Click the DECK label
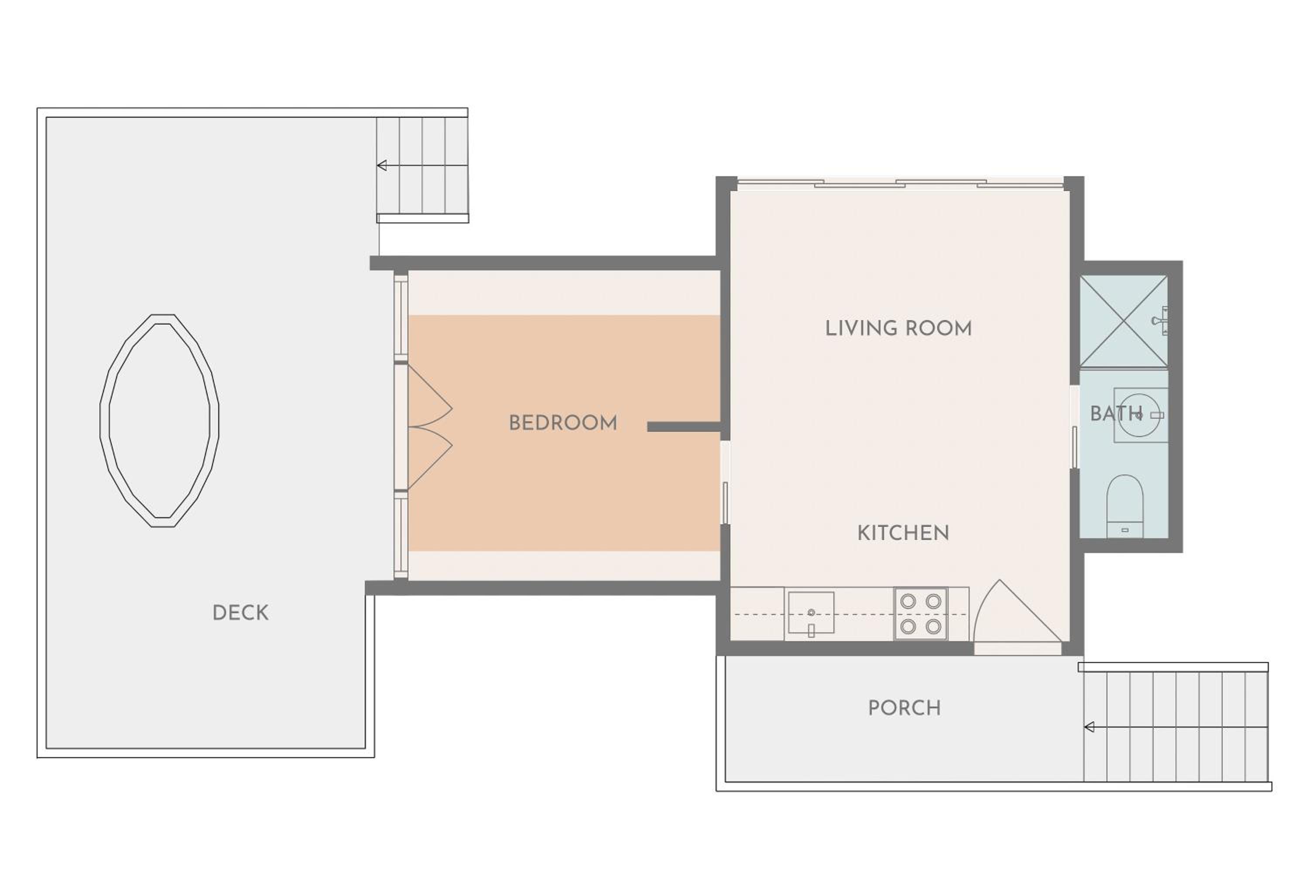coord(240,613)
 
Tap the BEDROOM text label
coord(563,423)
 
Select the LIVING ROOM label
coord(898,328)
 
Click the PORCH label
coord(904,708)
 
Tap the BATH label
coord(1116,414)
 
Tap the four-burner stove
coord(920,613)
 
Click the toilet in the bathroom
coord(1125,505)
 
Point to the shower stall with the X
coord(1124,321)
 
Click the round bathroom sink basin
coord(1139,415)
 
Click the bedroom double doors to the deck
coord(429,427)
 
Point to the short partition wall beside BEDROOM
coord(684,427)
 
